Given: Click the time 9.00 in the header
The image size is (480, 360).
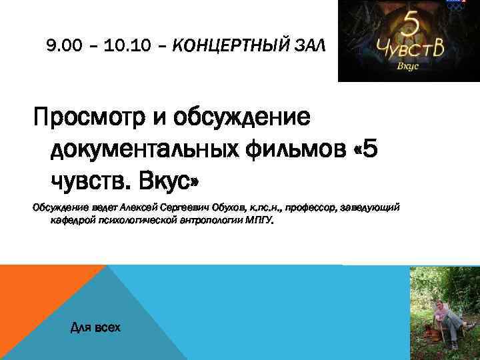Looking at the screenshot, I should (x=62, y=46).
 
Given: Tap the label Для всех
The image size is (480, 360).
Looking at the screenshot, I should (x=95, y=327).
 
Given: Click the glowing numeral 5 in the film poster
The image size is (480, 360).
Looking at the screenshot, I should (x=408, y=25).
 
